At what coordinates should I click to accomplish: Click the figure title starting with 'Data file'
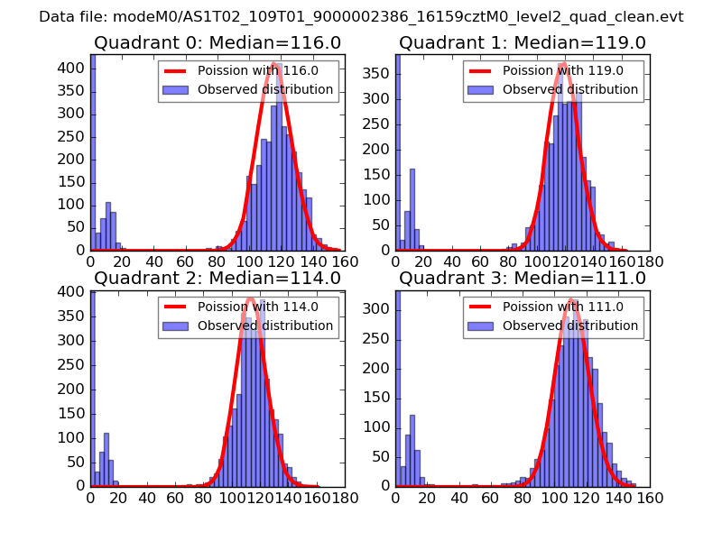361,16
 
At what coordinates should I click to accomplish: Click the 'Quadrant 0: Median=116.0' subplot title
218,43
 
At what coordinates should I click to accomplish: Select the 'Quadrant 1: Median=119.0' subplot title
523,43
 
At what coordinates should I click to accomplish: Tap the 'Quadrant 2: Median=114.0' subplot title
218,278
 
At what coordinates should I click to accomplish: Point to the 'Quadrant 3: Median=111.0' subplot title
523,278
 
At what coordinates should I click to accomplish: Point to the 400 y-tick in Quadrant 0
73,68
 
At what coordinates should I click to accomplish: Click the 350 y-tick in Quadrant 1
378,72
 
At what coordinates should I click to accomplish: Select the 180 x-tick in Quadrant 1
650,261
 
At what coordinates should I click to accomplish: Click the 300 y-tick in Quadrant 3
378,308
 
